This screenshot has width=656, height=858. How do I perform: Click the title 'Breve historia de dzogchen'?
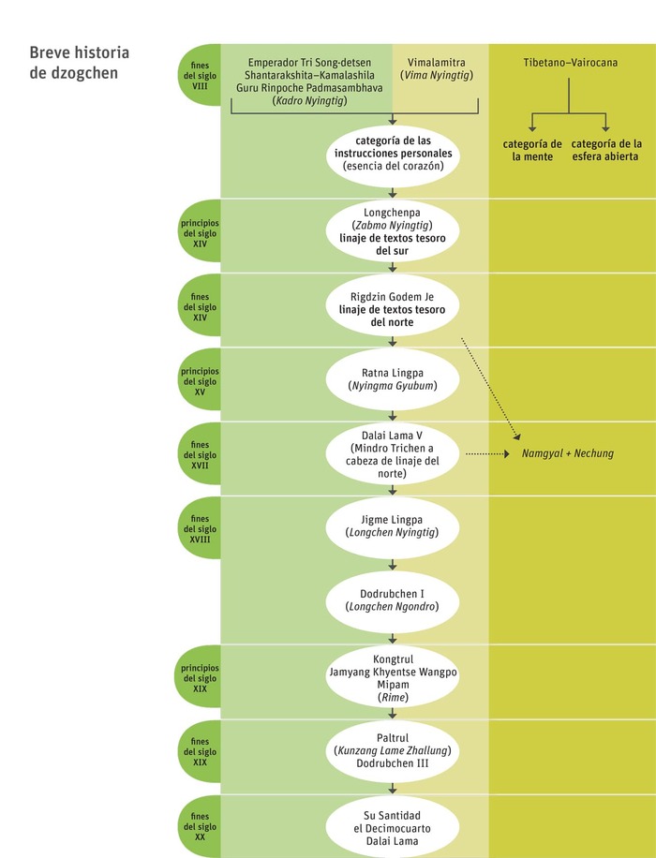coord(80,63)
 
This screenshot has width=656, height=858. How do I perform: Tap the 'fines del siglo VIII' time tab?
coord(200,75)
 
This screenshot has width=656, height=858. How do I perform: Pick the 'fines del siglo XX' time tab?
coord(200,826)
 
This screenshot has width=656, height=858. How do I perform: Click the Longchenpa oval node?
coord(392,231)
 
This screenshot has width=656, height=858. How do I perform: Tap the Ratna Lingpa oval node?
coord(392,379)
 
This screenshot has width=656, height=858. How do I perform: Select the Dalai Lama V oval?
coord(392,453)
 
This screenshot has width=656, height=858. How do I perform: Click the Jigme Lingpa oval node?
coord(392,527)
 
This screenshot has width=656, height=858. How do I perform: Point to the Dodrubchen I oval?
coord(392,601)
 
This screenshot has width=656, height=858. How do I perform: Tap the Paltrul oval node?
coord(392,750)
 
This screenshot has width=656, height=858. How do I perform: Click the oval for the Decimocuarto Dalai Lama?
coord(392,826)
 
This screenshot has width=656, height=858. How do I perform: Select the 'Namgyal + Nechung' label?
coord(568,453)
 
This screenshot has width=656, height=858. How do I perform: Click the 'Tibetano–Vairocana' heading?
coord(570,63)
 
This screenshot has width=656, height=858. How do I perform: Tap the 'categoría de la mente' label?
coord(532,150)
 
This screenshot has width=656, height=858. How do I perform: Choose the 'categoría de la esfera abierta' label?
coord(606,150)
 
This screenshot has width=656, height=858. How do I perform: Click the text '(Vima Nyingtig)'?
coord(437,76)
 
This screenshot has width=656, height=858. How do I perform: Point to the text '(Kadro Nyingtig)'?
coord(309,100)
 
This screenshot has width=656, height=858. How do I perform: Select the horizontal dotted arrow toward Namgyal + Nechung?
coord(487,453)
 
